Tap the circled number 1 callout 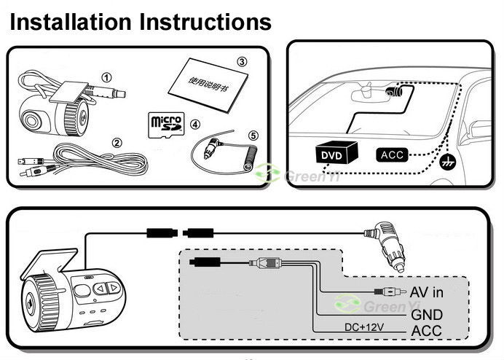(107, 77)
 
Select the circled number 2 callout (117, 143)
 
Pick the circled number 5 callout (253, 135)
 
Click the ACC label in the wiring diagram (427, 332)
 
